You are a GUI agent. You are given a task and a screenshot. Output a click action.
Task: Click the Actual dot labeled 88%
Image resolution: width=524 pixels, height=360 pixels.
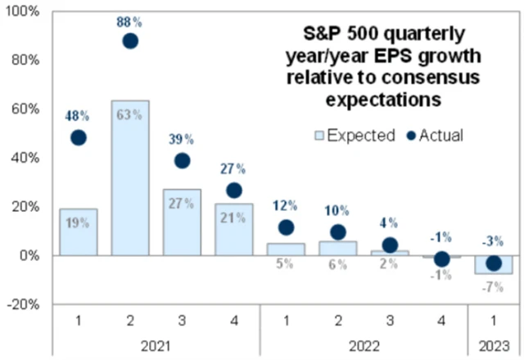click(130, 41)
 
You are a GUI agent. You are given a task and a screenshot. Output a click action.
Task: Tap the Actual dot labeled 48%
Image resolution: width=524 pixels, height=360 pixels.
click(79, 137)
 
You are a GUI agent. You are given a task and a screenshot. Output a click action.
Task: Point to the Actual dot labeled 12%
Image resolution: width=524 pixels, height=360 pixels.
click(286, 227)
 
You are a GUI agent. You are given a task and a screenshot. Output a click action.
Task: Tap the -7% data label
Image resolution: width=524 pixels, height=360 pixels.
click(493, 287)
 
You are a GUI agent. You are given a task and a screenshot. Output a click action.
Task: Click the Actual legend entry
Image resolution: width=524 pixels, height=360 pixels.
click(433, 135)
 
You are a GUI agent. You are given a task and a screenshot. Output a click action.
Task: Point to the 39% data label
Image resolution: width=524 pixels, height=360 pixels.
click(182, 140)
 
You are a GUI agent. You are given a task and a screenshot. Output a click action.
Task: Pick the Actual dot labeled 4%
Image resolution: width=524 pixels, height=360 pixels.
click(390, 245)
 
